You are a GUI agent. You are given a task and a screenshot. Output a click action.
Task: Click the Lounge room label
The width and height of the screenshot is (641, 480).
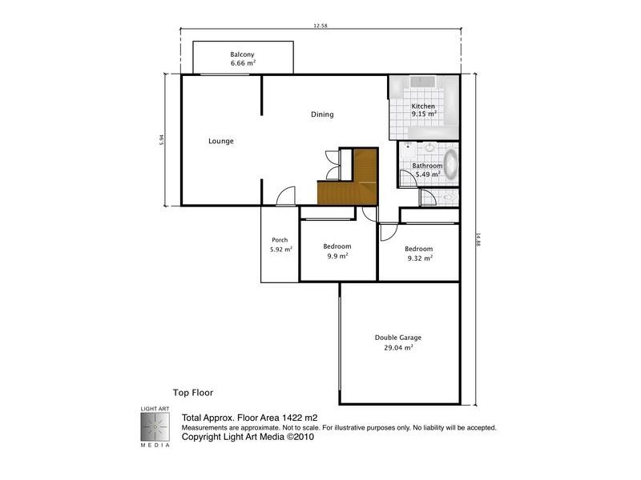pos(221,142)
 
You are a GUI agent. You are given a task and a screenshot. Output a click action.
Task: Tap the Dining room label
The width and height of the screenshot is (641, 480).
pos(322,114)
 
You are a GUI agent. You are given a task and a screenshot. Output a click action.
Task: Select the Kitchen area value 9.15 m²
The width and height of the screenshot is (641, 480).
pos(424,114)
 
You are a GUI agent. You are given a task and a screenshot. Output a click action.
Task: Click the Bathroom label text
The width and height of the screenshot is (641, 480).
pos(427,166)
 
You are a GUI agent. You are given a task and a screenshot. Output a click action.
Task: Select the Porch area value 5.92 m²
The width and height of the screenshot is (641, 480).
pos(280,250)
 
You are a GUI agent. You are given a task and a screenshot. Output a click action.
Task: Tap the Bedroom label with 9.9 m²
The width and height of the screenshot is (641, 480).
pos(337,246)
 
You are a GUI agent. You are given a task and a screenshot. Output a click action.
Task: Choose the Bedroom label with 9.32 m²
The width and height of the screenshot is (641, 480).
pos(419,249)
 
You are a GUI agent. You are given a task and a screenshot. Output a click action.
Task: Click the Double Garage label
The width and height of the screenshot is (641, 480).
pos(398,338)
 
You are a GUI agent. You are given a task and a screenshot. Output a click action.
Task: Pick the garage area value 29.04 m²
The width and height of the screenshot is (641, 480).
pos(398,348)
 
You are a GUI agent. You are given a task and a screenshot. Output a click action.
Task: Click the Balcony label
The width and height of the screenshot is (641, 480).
pos(243,54)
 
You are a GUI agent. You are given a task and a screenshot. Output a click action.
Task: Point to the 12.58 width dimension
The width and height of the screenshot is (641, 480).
pos(320,26)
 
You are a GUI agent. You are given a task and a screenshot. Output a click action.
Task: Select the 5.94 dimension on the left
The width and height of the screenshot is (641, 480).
pos(162,138)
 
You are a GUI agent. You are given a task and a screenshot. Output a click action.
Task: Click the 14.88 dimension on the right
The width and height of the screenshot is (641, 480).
pos(478,240)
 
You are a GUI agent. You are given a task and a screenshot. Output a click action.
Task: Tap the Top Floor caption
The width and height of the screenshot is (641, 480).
pos(192,393)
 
